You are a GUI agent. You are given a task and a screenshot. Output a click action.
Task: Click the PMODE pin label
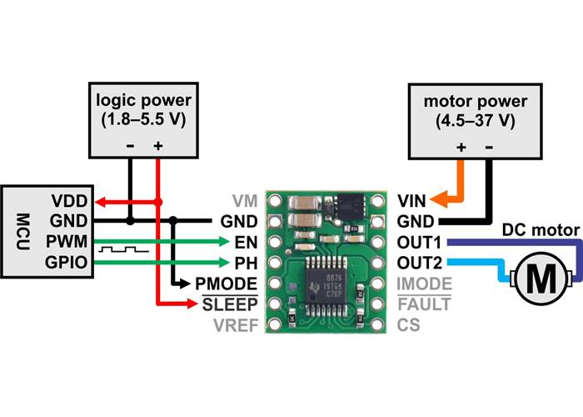tap(229, 284)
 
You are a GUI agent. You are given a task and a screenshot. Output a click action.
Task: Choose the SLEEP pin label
tap(231, 304)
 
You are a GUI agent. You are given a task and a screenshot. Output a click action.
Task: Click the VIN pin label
tap(412, 202)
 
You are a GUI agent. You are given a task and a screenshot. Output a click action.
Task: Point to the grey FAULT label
tap(425, 304)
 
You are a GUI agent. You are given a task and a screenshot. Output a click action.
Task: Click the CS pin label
tap(408, 324)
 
